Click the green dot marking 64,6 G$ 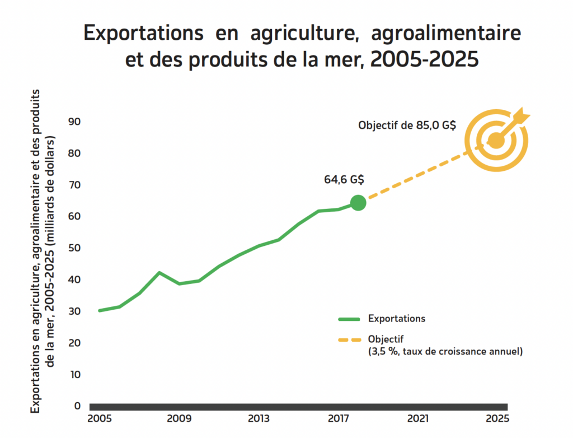tap(358, 203)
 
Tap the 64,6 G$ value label tap(344, 180)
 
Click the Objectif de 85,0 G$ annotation tap(407, 125)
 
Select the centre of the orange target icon tap(495, 141)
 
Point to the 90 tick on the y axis tap(74, 122)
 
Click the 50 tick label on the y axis tap(74, 248)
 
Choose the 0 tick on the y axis tap(77, 406)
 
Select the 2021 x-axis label tap(418, 418)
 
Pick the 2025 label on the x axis tap(497, 418)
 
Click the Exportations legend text tap(397, 319)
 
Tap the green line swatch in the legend tap(349, 319)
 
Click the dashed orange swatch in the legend tap(349, 339)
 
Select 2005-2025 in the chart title tap(426, 59)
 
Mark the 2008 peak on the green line tap(159, 273)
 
